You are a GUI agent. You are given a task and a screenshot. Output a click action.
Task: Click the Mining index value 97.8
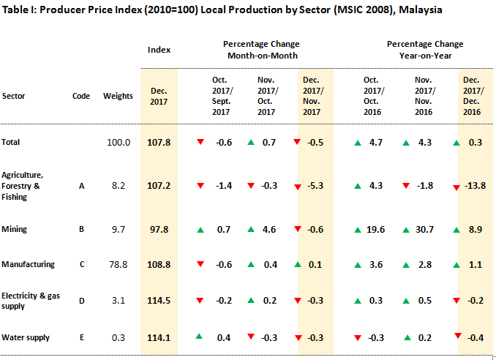(x=159, y=229)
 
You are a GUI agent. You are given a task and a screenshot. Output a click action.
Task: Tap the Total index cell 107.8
(x=159, y=142)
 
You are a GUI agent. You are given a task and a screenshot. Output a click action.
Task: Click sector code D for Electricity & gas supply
(x=82, y=301)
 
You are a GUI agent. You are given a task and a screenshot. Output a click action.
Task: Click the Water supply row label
(x=25, y=337)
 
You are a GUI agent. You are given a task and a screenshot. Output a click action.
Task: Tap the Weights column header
(x=118, y=96)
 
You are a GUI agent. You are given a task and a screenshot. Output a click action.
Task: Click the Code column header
(x=82, y=96)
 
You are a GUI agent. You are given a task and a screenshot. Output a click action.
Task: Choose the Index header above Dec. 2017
(x=159, y=50)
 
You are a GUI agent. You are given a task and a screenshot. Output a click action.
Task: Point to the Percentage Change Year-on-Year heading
(x=424, y=50)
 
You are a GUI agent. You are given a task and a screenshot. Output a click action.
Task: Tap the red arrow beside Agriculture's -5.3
(x=298, y=187)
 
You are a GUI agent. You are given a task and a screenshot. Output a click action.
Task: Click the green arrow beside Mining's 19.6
(x=356, y=230)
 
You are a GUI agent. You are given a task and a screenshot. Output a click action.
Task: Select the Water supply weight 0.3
(x=118, y=337)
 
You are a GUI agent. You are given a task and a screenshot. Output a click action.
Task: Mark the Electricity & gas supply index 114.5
(x=159, y=301)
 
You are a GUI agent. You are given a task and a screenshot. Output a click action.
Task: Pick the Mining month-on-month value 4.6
(x=268, y=229)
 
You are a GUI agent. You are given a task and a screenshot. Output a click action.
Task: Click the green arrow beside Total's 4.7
(x=356, y=142)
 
